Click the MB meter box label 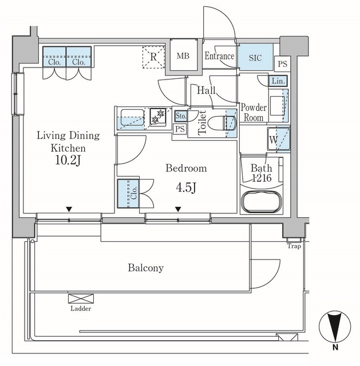tap(183, 56)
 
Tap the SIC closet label tap(255, 58)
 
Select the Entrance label tap(219, 56)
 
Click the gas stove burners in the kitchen tap(158, 116)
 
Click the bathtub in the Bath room tap(262, 201)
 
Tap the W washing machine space tap(279, 139)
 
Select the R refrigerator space tap(153, 57)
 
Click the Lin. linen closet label tap(278, 81)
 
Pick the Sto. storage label tap(181, 116)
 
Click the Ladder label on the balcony tap(81, 309)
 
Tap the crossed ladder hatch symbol tap(81, 299)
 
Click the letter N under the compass tap(335, 348)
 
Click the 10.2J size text tap(68, 160)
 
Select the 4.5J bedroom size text tap(186, 188)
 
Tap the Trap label tap(294, 246)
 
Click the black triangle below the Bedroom tap(178, 209)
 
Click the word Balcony tap(146, 268)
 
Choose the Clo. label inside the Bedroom tap(133, 193)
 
